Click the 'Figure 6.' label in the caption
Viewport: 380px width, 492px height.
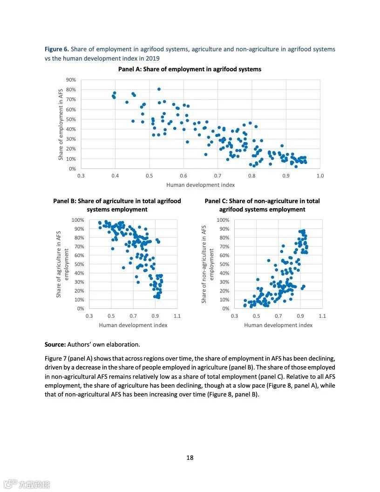pos(57,49)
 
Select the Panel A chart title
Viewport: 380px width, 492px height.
pos(190,69)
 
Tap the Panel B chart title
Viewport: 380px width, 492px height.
pos(117,205)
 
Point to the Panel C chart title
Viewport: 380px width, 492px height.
pos(262,205)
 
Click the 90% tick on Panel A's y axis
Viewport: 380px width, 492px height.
pos(70,80)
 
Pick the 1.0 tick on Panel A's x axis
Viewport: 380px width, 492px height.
pos(320,176)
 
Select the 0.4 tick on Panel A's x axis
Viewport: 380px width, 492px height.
pos(115,176)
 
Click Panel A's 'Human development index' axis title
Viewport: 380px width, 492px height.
pos(200,185)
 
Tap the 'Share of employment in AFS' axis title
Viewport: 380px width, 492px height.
pos(61,124)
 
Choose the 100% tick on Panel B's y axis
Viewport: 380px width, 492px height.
pos(78,220)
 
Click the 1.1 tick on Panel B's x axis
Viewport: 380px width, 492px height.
pos(177,316)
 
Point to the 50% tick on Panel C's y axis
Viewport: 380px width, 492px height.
pos(224,264)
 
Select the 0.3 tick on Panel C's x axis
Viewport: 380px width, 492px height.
pos(234,316)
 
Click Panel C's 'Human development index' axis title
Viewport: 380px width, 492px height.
pos(278,325)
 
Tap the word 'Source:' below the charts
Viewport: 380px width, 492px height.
pos(55,345)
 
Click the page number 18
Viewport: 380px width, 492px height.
pos(190,458)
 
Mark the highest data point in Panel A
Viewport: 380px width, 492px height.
pos(159,89)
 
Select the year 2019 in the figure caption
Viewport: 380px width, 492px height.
pos(152,58)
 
